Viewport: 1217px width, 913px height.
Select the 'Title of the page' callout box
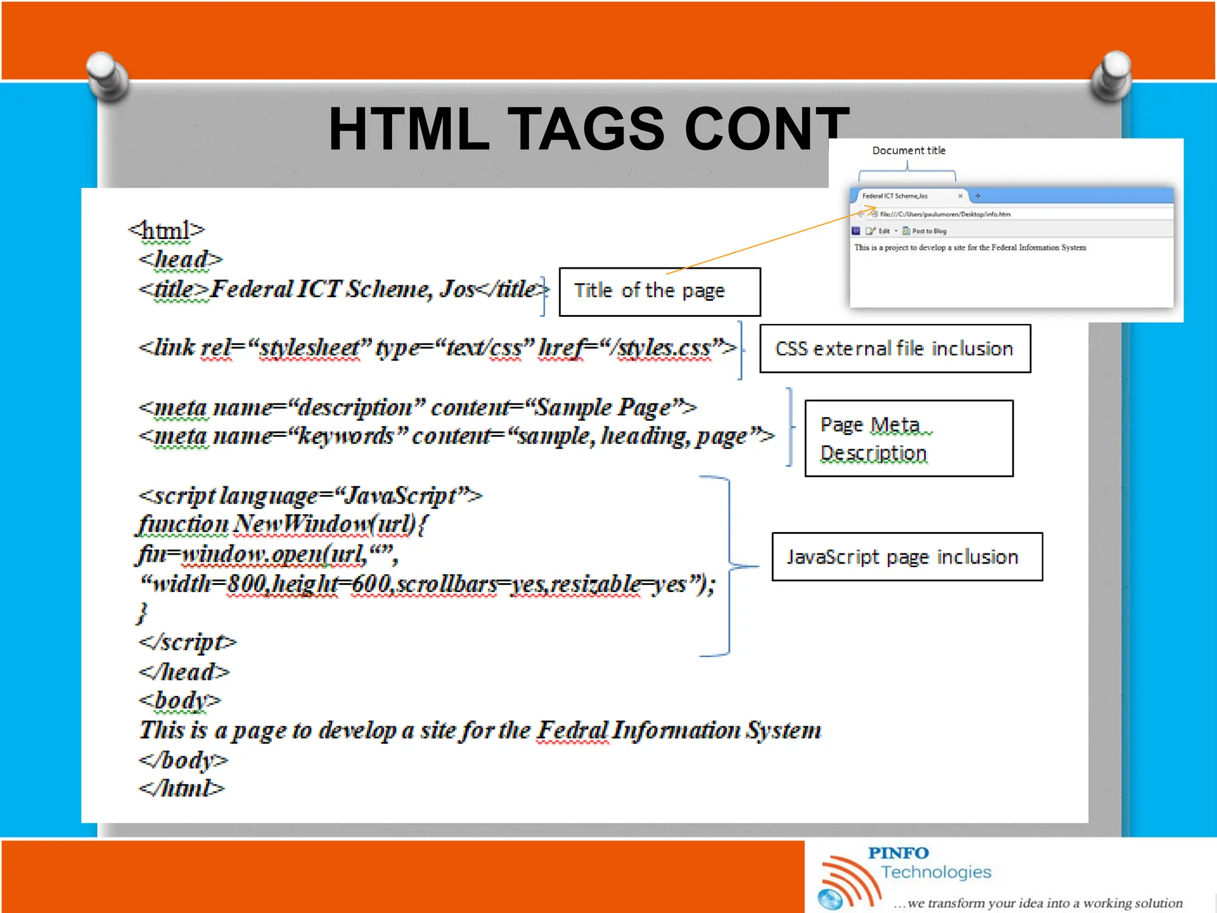pyautogui.click(x=660, y=291)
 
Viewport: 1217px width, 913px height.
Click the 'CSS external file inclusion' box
pyautogui.click(x=895, y=348)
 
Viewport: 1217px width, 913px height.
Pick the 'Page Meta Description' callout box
pyautogui.click(x=909, y=439)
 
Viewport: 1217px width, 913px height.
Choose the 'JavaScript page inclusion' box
pyautogui.click(x=907, y=557)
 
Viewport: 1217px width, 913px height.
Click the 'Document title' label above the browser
pyautogui.click(x=909, y=150)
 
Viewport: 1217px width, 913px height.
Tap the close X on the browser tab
pyautogui.click(x=960, y=196)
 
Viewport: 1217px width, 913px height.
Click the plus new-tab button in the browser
pyautogui.click(x=978, y=196)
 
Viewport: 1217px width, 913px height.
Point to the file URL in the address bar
pyautogui.click(x=945, y=214)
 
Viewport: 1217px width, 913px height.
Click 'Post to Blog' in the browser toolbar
pyautogui.click(x=929, y=231)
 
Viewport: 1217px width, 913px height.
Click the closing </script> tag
pyautogui.click(x=187, y=643)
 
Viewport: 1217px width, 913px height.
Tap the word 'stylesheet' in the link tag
pyautogui.click(x=309, y=348)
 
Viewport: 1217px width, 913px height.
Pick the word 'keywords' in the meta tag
pyautogui.click(x=346, y=436)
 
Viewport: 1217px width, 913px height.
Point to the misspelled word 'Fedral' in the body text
pyautogui.click(x=572, y=731)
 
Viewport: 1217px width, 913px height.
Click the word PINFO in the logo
pyautogui.click(x=898, y=853)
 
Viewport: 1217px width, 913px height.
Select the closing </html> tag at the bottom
pyautogui.click(x=182, y=789)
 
